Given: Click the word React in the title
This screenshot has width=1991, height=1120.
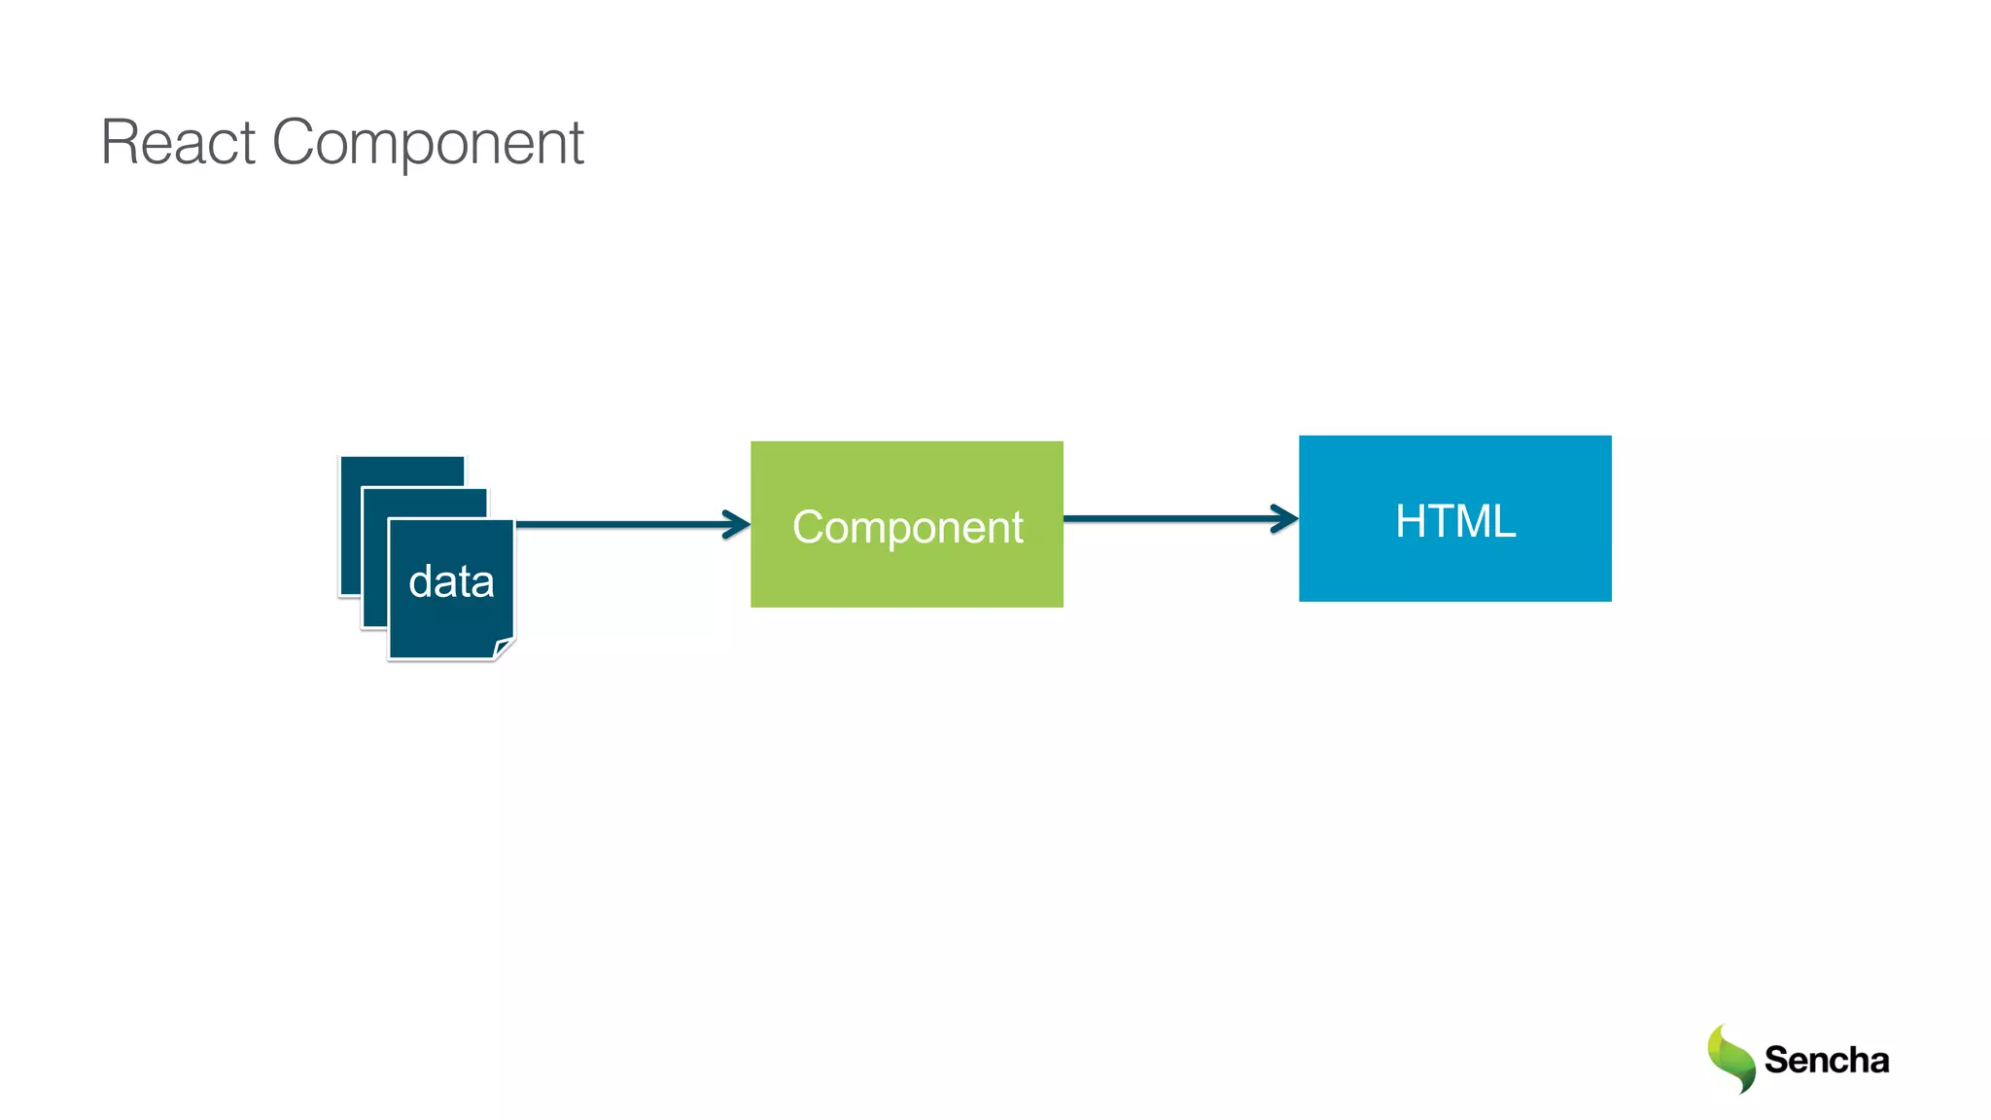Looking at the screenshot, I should [x=178, y=143].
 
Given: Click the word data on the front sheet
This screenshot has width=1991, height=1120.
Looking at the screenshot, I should [x=451, y=581].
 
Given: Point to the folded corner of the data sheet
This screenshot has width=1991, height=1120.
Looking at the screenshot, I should [x=504, y=648].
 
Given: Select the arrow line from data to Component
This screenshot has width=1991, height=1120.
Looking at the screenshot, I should [x=622, y=524].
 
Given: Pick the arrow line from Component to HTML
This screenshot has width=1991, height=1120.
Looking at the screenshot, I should [x=1167, y=518].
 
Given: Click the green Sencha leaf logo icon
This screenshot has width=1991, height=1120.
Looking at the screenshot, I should [x=1730, y=1059].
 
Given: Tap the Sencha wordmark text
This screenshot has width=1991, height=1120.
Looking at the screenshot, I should [x=1826, y=1060].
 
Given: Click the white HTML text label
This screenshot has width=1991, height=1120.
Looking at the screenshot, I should [x=1454, y=520].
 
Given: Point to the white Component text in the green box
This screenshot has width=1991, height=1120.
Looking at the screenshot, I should [x=906, y=527].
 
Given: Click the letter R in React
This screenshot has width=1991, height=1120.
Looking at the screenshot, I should [x=121, y=143].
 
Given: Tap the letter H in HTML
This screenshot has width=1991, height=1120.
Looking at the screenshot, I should [x=1412, y=520].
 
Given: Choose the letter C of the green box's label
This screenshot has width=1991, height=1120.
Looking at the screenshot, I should [x=809, y=526].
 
